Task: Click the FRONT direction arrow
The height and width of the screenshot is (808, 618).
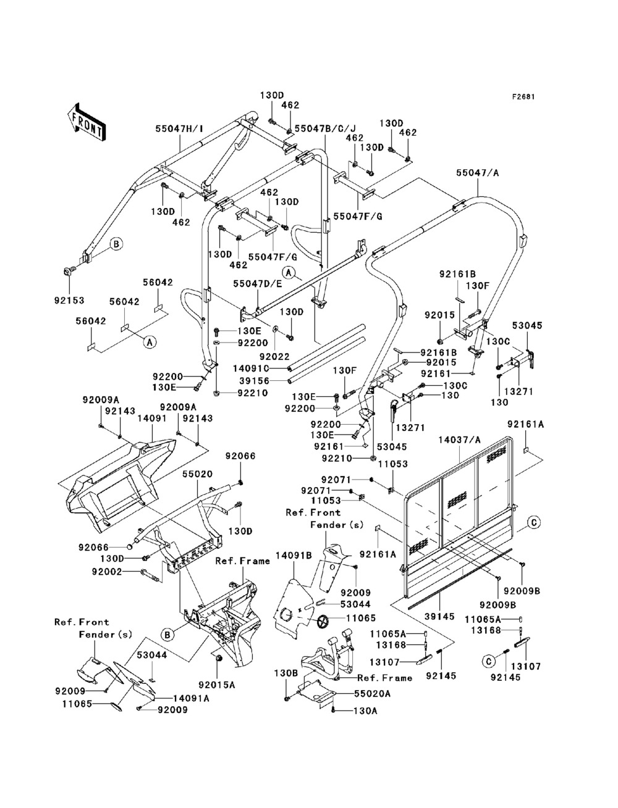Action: [x=87, y=122]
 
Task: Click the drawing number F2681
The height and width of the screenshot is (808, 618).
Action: [x=523, y=97]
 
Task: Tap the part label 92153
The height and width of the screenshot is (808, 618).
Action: [x=70, y=301]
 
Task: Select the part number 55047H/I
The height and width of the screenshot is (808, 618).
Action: [x=179, y=129]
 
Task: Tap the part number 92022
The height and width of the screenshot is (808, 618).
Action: [x=274, y=356]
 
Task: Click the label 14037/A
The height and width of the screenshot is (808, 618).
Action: [x=460, y=440]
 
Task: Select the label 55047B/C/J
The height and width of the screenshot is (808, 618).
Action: [x=326, y=128]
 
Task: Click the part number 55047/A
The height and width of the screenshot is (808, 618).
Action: [x=478, y=173]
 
